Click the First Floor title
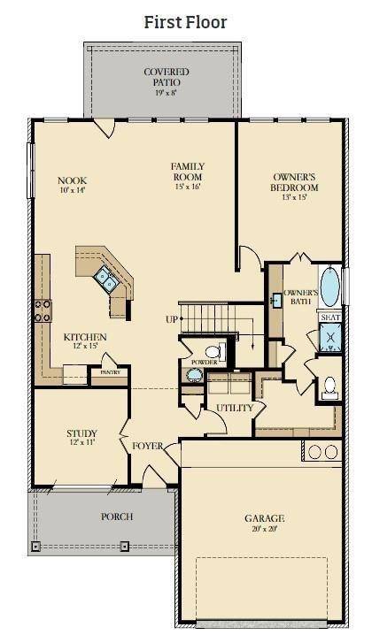(x=185, y=22)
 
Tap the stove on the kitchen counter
(x=43, y=310)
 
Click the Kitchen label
(x=85, y=338)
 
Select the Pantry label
(x=110, y=373)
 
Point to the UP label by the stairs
(x=171, y=319)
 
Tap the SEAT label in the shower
(x=329, y=317)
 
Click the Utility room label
(x=235, y=408)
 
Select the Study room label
(x=81, y=433)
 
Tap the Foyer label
(x=148, y=446)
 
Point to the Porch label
(x=117, y=516)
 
